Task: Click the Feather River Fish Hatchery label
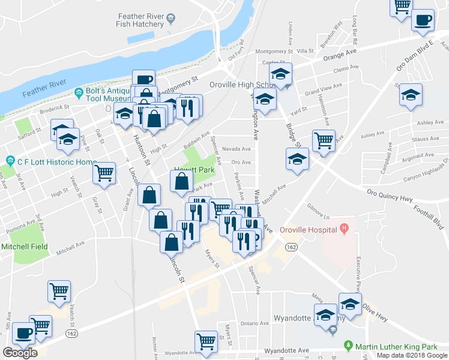(x=140, y=20)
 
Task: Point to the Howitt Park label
(x=194, y=170)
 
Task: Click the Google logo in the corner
(x=20, y=353)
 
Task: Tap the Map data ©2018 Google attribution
(x=412, y=355)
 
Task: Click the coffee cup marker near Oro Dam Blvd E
(x=423, y=20)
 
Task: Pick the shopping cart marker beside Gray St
(x=104, y=173)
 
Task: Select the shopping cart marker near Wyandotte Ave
(x=206, y=341)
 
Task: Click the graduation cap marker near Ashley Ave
(x=411, y=95)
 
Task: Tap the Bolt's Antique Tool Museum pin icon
(x=79, y=93)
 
